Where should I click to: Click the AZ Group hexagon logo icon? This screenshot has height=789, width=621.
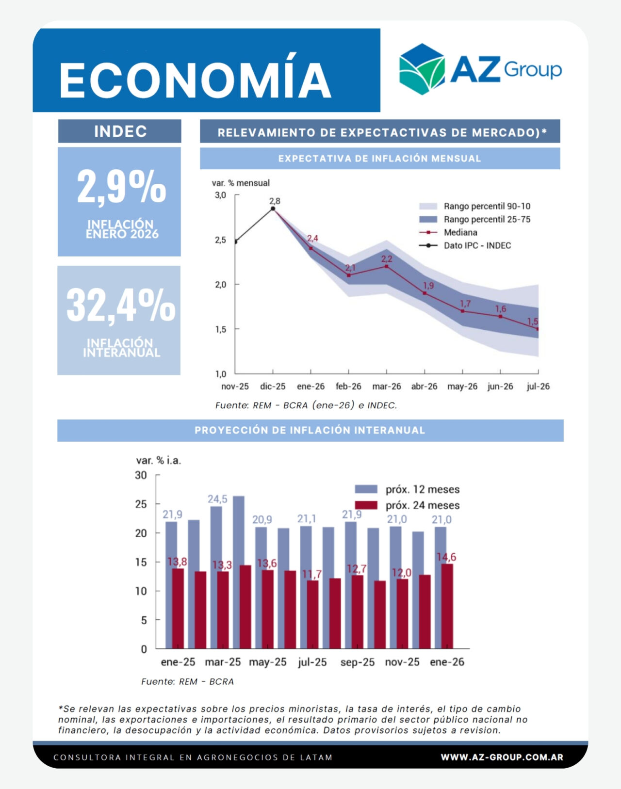click(x=421, y=69)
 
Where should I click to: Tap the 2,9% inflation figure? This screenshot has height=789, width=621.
click(x=121, y=187)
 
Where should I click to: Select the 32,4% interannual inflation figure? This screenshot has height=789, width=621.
click(x=121, y=306)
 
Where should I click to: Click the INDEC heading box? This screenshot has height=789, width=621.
click(x=120, y=131)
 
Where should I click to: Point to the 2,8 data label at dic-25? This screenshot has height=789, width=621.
click(x=275, y=201)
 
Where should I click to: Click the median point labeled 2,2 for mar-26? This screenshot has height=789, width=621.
click(x=387, y=266)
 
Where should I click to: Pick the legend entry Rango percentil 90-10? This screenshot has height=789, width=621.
click(x=487, y=206)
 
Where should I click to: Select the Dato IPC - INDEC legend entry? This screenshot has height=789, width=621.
click(x=477, y=245)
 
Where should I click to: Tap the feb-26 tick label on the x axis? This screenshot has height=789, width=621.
click(x=348, y=386)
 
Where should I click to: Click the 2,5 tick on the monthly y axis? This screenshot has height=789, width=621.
click(x=220, y=240)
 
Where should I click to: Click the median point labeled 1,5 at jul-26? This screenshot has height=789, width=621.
click(x=538, y=329)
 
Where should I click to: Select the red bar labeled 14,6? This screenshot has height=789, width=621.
click(x=447, y=606)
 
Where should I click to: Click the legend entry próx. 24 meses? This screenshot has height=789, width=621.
click(x=422, y=505)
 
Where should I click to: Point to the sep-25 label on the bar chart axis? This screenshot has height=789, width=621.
click(x=358, y=662)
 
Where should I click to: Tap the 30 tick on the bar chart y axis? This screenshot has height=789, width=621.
click(x=141, y=475)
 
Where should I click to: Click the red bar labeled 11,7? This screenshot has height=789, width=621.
click(x=312, y=614)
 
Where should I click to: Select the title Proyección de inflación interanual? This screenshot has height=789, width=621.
click(x=310, y=431)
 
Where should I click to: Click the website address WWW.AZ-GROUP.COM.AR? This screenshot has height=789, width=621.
click(x=502, y=757)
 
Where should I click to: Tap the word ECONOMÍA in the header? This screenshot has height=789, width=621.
click(x=195, y=80)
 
